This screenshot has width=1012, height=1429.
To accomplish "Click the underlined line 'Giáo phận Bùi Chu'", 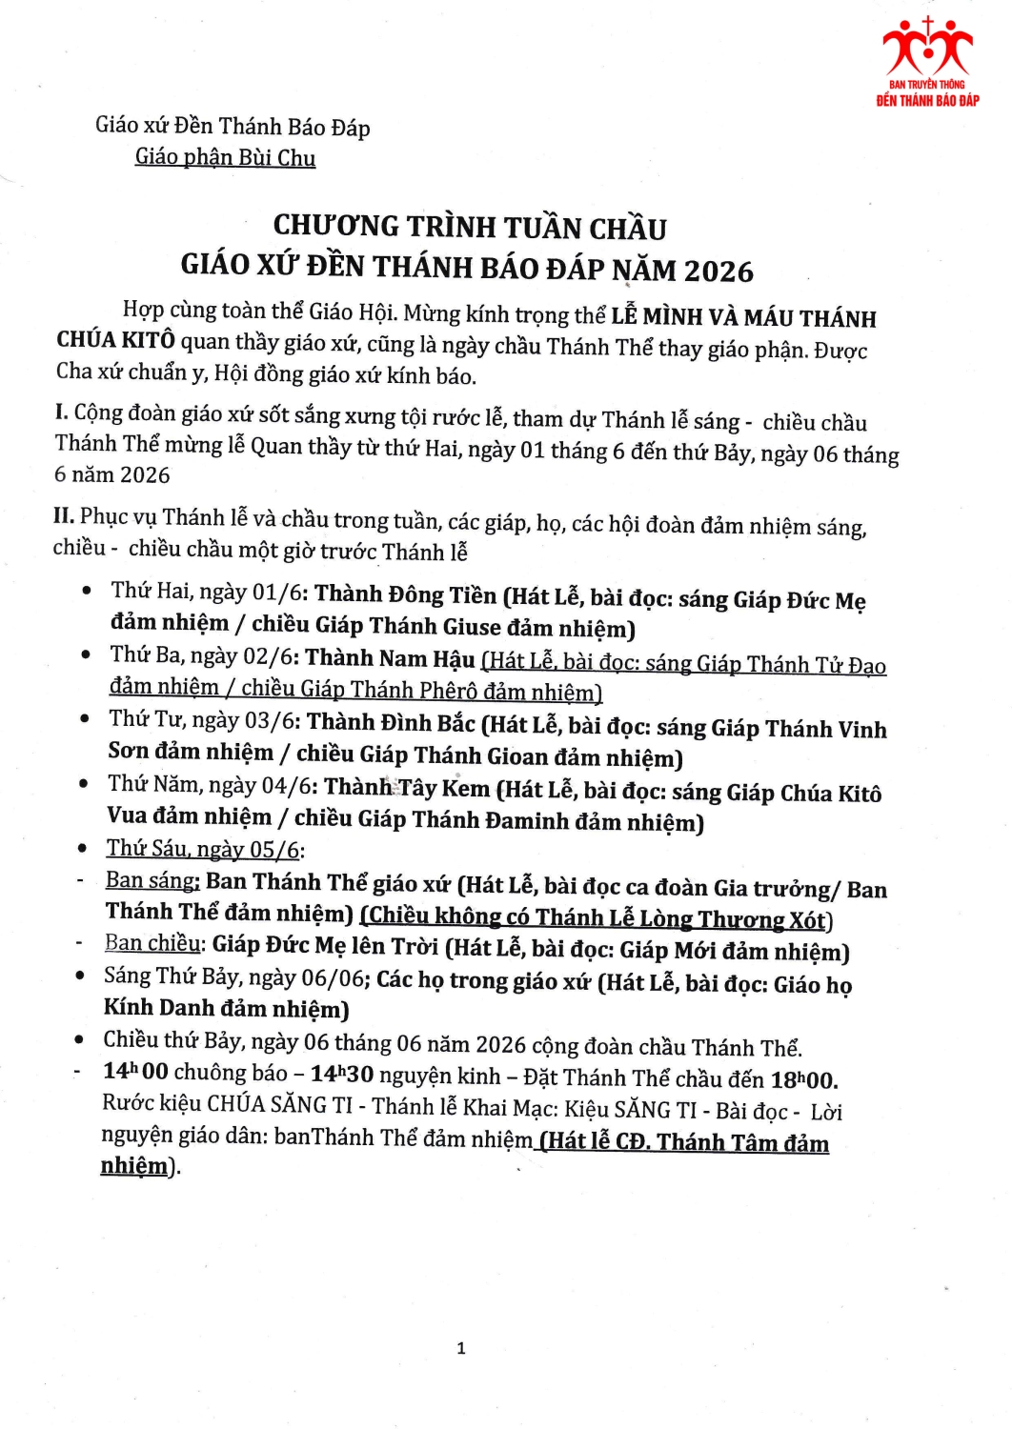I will pyautogui.click(x=225, y=157).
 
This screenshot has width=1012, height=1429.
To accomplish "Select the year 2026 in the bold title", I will pyautogui.click(x=718, y=272).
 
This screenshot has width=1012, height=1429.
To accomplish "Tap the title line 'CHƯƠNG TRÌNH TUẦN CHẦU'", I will pyautogui.click(x=470, y=227).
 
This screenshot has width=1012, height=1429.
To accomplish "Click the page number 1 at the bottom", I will pyautogui.click(x=461, y=1348).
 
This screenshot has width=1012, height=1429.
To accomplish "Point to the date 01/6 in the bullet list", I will pyautogui.click(x=279, y=593).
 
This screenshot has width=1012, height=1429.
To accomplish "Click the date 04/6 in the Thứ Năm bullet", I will pyautogui.click(x=289, y=786).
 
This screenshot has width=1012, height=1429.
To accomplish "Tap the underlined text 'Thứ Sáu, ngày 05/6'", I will pyautogui.click(x=203, y=849).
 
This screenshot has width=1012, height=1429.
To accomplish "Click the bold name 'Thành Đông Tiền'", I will pyautogui.click(x=405, y=594).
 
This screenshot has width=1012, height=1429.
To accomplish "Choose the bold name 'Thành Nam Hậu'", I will pyautogui.click(x=390, y=658).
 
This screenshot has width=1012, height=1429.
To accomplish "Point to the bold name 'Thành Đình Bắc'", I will pyautogui.click(x=391, y=722).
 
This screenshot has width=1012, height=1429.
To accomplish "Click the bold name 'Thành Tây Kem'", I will pyautogui.click(x=407, y=788).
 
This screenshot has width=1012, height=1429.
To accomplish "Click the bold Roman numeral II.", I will pyautogui.click(x=64, y=516).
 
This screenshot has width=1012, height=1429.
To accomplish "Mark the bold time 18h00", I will pyautogui.click(x=803, y=1079).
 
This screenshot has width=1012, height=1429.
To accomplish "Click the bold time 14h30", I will pyautogui.click(x=341, y=1074).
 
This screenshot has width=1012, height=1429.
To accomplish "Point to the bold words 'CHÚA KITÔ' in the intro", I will pyautogui.click(x=115, y=340).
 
